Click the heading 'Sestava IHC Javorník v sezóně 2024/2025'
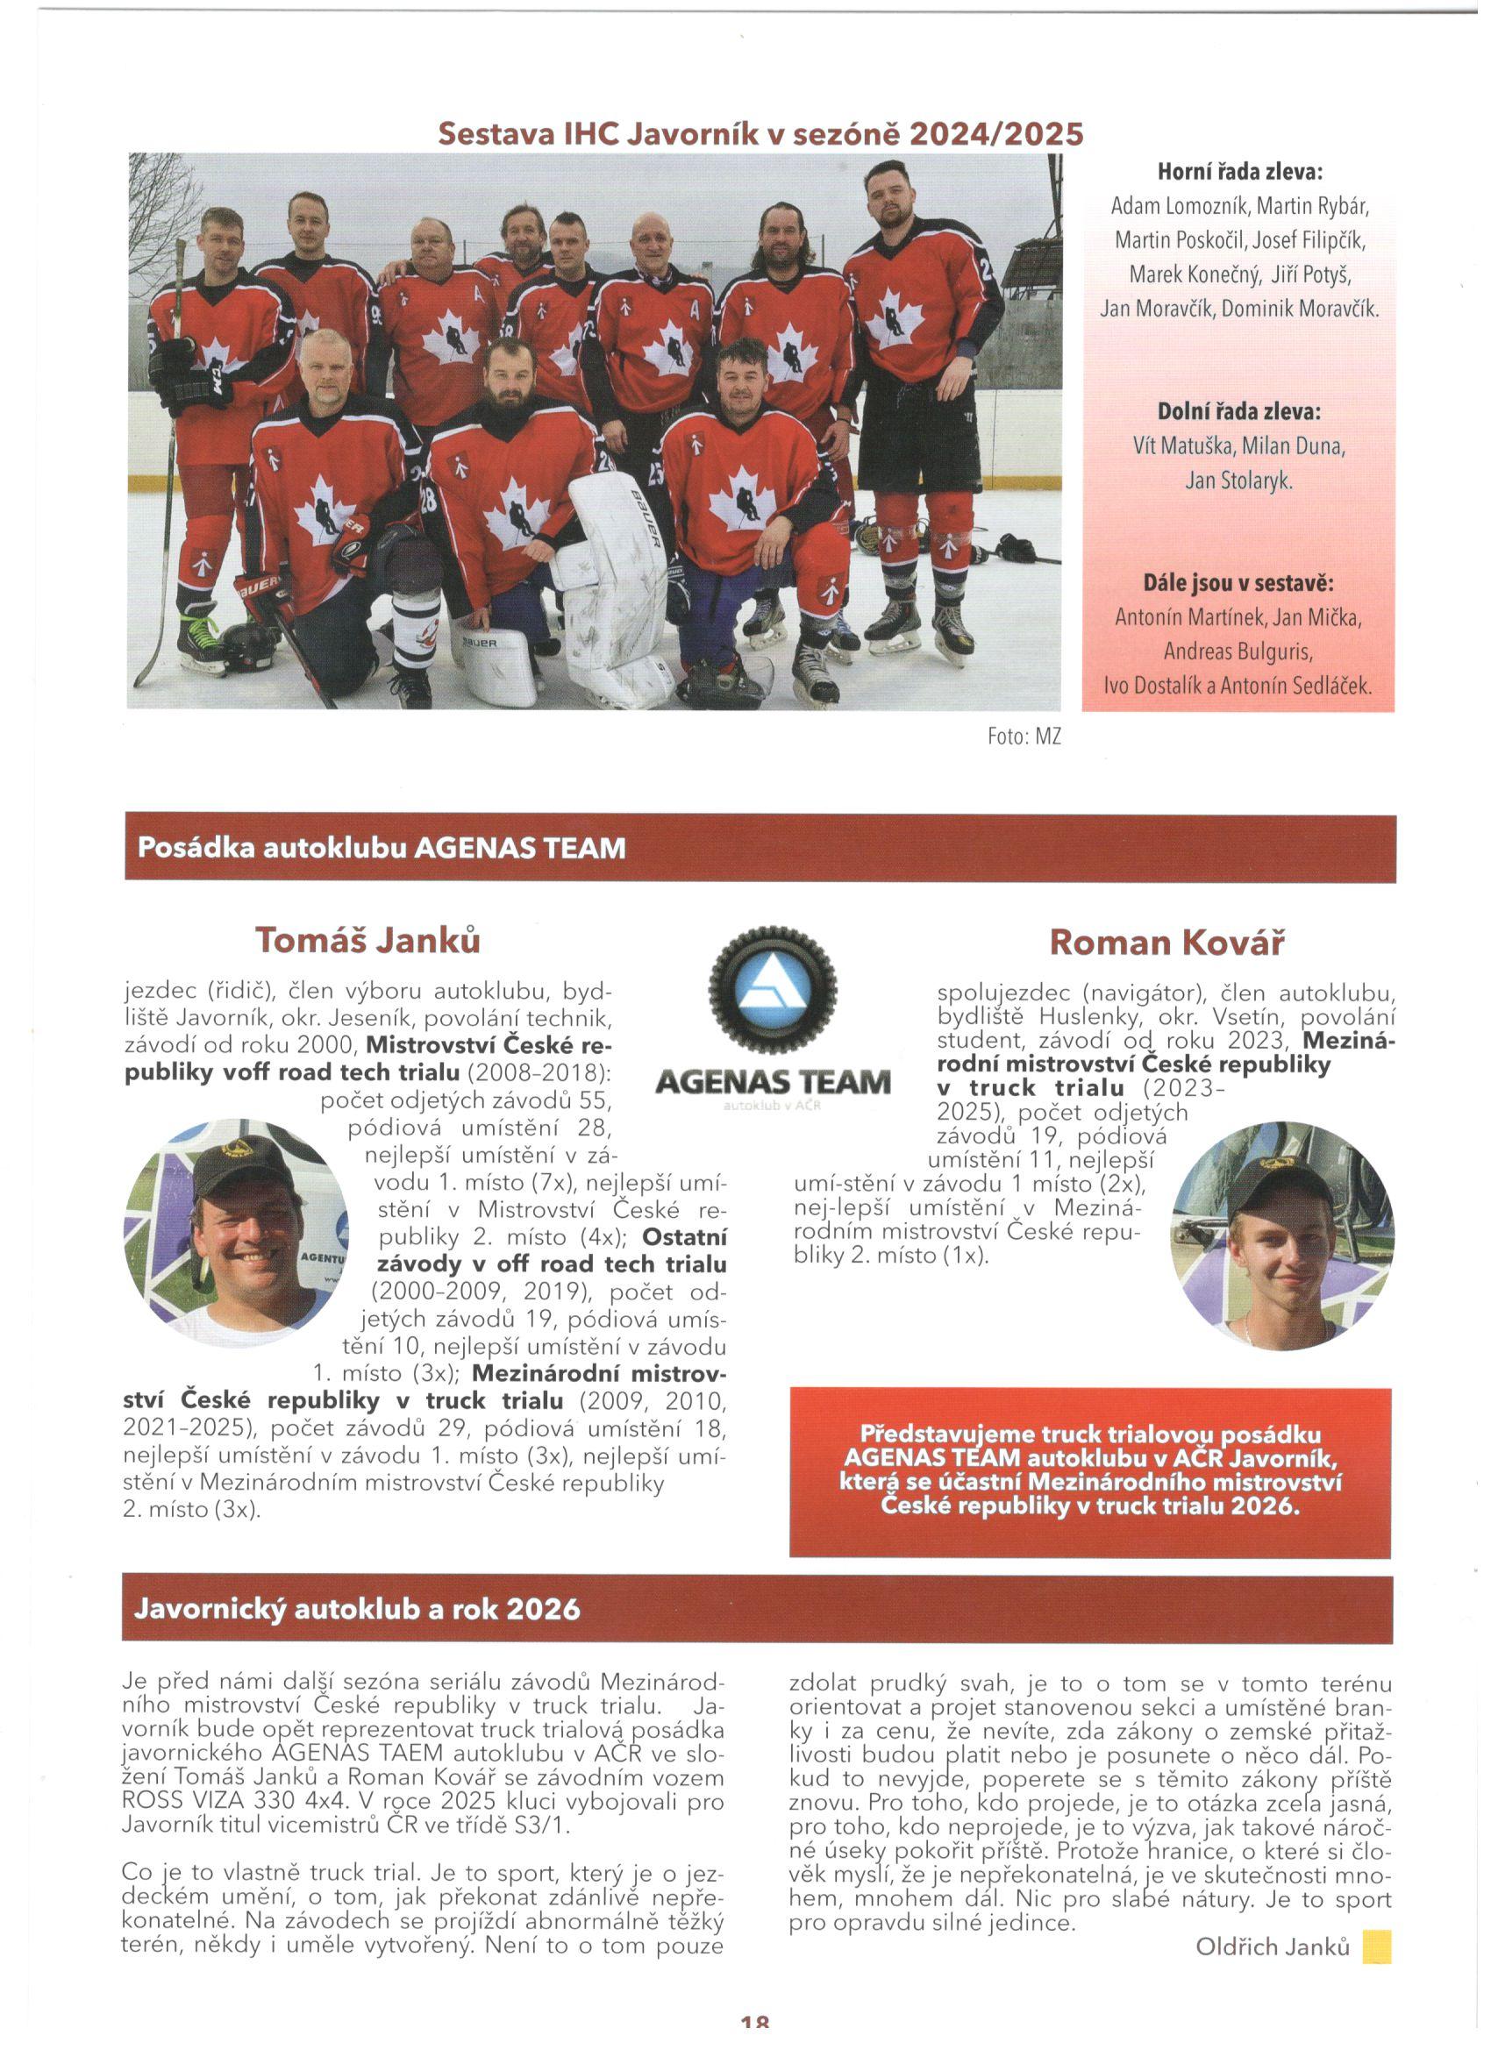click(x=760, y=134)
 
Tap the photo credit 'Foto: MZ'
click(x=1024, y=737)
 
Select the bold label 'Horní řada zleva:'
click(x=1238, y=172)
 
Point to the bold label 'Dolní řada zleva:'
click(x=1238, y=412)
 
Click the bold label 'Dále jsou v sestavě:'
click(x=1238, y=583)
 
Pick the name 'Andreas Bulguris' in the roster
click(x=1238, y=651)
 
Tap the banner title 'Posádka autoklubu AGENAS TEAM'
click(x=381, y=848)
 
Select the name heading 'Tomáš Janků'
click(x=367, y=940)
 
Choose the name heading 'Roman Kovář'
click(x=1166, y=943)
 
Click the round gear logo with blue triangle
click(x=773, y=991)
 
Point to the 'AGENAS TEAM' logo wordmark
click(x=773, y=1081)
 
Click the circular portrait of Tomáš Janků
click(x=237, y=1232)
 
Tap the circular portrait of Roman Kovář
click(x=1282, y=1235)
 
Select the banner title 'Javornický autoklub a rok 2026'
click(x=357, y=1609)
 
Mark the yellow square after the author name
click(x=1377, y=1946)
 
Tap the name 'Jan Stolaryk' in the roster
click(x=1238, y=480)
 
